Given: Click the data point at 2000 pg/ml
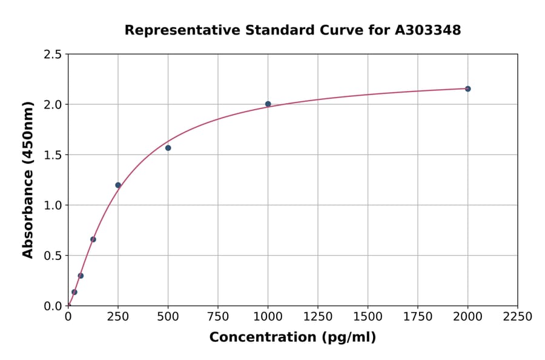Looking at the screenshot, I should tap(467, 89).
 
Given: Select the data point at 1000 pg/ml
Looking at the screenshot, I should tap(268, 104).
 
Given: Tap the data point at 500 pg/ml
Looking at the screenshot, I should tap(168, 148).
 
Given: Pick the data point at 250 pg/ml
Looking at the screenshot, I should tap(118, 185).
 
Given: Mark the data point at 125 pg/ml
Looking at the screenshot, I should tap(93, 239).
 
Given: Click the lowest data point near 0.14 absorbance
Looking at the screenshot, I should tap(74, 292).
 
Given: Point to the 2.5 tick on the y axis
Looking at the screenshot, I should tap(53, 55).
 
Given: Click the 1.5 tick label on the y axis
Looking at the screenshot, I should tap(53, 155).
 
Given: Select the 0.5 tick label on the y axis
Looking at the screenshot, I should tap(53, 256).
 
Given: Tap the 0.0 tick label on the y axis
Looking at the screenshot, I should tap(53, 306).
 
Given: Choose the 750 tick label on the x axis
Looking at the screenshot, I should tap(218, 317).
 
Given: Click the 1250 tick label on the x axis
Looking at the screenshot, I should tap(318, 317).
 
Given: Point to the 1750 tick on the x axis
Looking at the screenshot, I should tap(418, 317).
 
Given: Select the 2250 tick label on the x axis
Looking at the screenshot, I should tap(518, 317).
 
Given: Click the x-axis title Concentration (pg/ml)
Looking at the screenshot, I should tap(292, 338).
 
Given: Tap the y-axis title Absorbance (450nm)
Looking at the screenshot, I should tap(28, 180).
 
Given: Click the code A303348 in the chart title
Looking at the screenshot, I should tap(428, 30).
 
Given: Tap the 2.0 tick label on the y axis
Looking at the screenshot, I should tap(53, 105).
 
